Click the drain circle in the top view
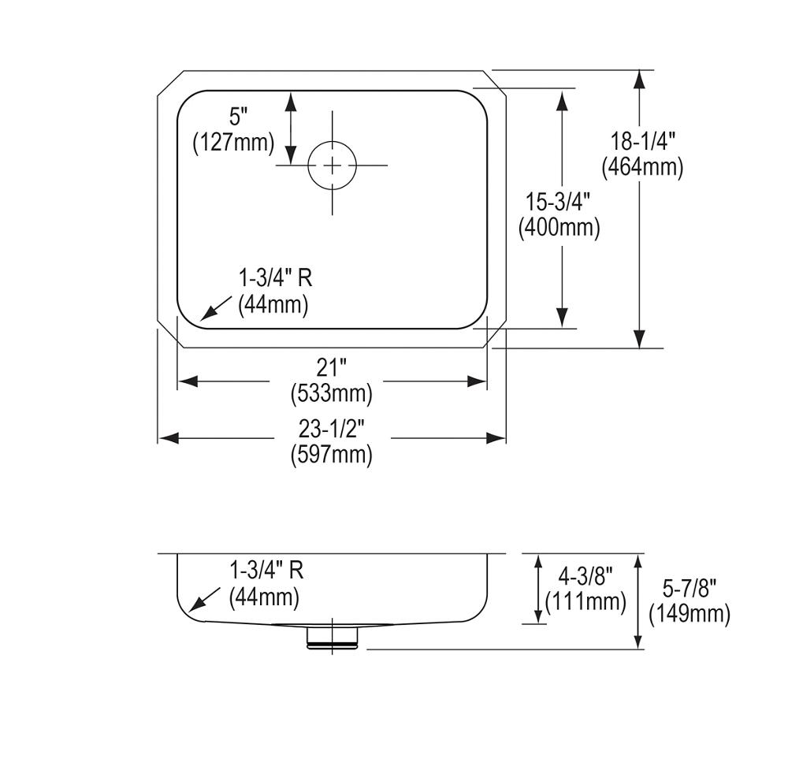(332, 165)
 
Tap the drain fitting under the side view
(333, 637)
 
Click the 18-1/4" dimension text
(642, 142)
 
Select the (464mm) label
(642, 167)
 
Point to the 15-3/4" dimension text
(559, 203)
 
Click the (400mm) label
(559, 228)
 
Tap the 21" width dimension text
(332, 366)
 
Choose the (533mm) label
(332, 392)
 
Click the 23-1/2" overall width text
(332, 429)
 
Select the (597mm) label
(332, 454)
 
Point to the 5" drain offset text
(238, 117)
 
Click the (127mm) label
(234, 143)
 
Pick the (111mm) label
(585, 603)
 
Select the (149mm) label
(689, 614)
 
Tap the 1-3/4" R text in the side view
(266, 570)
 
